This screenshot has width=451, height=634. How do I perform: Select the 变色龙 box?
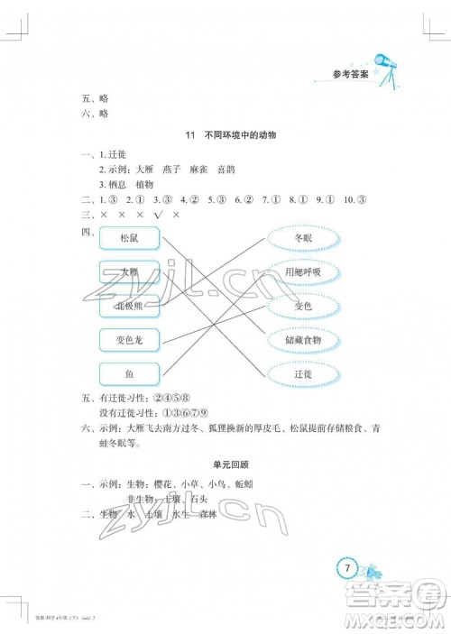129,340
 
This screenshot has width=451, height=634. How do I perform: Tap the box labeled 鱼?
129,373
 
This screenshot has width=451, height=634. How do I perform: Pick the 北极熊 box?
129,306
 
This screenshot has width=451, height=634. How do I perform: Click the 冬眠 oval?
303,238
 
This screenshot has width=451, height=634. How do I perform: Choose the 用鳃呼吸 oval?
303,272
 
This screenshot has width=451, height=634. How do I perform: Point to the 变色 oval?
303,306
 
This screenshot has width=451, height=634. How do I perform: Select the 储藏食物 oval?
303,340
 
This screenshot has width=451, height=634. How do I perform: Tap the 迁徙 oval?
303,373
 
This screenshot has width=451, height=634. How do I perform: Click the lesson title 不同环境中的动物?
238,134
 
